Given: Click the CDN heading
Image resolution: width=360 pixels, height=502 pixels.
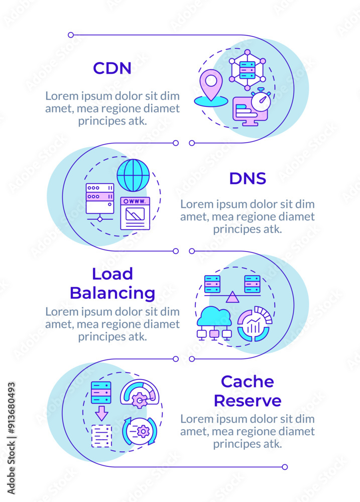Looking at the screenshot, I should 112,68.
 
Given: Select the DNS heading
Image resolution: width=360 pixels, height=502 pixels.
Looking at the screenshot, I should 248,178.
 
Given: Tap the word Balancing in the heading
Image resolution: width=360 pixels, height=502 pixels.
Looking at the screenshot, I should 112,293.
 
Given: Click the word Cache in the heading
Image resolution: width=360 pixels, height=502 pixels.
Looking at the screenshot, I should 248,382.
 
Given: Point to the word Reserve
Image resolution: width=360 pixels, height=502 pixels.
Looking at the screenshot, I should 248,401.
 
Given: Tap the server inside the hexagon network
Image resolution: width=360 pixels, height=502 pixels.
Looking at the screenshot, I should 247,70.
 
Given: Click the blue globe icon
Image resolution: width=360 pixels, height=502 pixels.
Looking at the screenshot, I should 133,175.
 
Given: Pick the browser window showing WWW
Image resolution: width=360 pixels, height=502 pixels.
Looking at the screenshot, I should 135,213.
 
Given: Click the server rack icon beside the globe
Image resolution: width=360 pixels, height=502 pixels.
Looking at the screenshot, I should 100,199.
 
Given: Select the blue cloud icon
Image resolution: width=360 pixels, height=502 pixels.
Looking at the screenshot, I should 214,318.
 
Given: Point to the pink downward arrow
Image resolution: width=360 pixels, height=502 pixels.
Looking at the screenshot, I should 102,413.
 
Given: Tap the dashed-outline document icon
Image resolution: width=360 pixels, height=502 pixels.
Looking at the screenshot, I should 101,436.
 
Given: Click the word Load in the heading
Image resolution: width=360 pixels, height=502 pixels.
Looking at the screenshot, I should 112,274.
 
